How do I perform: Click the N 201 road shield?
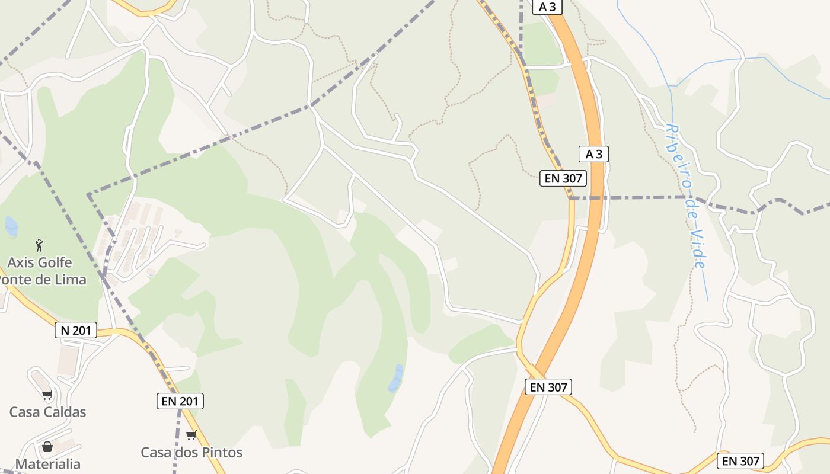(x=76, y=330)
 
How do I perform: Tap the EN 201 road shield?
(x=181, y=401)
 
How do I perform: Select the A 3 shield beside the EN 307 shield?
(x=593, y=154)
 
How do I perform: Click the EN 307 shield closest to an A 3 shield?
(x=563, y=178)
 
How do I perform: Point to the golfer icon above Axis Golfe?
(x=39, y=245)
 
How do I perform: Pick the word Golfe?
(x=55, y=262)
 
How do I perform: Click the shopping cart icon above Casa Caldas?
(x=47, y=395)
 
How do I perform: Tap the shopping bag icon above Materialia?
(x=47, y=447)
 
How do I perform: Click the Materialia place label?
(x=47, y=464)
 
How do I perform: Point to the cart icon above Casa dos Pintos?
(x=191, y=435)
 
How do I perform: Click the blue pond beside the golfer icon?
(x=11, y=226)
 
